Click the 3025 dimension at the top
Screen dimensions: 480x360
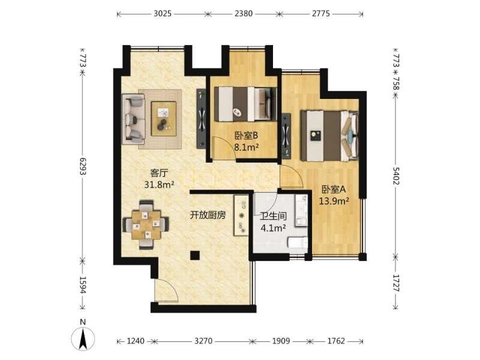163,13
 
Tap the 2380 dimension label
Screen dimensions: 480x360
244,13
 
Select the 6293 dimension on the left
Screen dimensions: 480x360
83,166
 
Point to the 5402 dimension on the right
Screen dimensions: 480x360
396,176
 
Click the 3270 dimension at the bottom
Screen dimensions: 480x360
203,341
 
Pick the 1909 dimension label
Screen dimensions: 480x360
281,341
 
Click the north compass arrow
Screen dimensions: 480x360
83,338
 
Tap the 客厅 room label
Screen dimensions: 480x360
159,173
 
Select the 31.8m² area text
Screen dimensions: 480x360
159,185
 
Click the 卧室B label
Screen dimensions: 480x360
247,135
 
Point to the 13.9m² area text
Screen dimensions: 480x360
334,201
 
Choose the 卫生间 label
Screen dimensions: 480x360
273,217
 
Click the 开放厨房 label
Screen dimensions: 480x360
208,215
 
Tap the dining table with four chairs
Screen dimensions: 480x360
146,225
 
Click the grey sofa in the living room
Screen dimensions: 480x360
133,119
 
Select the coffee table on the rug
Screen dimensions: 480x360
164,119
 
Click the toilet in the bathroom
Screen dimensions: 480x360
298,243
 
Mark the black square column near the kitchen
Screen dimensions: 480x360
194,255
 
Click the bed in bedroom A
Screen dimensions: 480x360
329,136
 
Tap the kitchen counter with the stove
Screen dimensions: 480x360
242,215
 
